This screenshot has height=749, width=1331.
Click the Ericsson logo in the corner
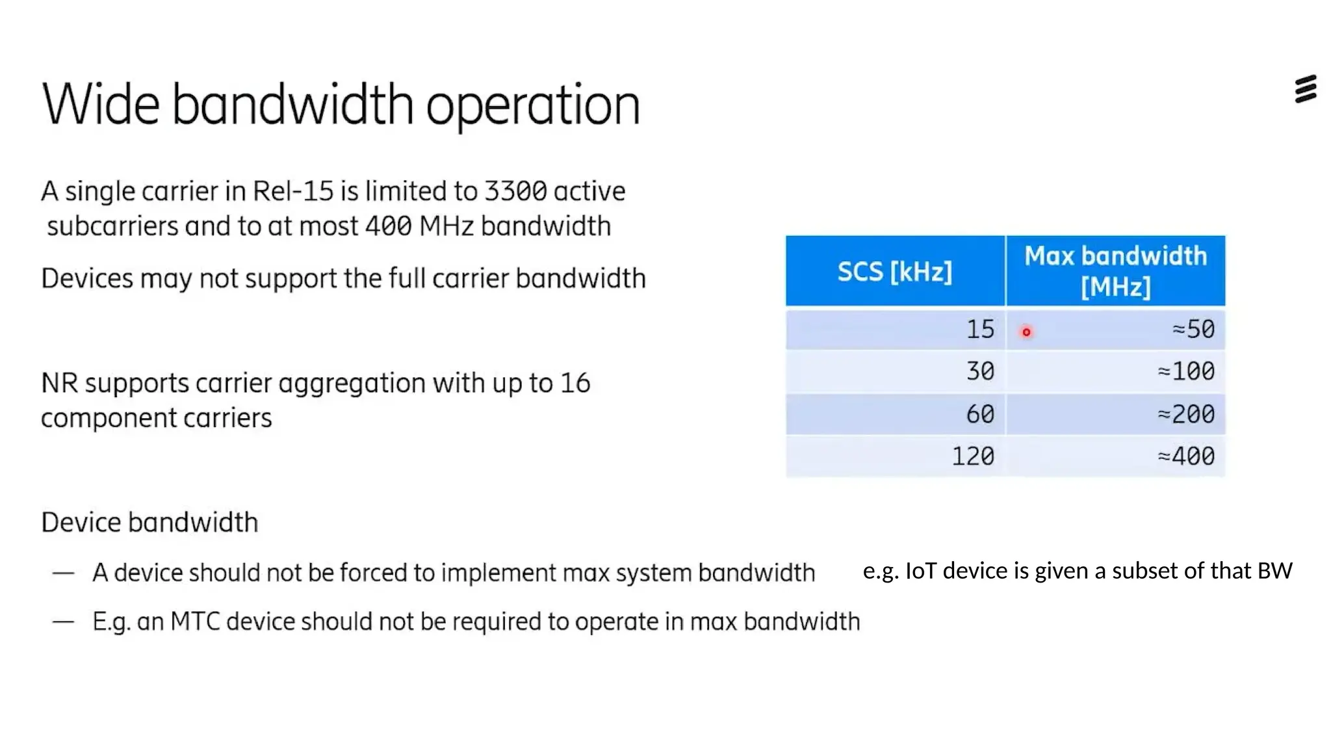point(1305,89)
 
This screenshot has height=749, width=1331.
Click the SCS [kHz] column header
point(894,271)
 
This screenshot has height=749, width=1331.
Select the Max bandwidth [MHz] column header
point(1115,271)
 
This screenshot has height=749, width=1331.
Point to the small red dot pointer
point(1026,332)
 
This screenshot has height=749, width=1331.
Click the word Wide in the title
point(101,105)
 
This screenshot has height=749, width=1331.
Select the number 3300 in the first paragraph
point(515,192)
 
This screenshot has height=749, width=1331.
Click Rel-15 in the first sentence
point(292,192)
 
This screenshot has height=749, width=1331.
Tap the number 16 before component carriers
point(575,384)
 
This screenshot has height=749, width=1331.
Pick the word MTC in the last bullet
point(195,622)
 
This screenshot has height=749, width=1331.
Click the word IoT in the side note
point(920,571)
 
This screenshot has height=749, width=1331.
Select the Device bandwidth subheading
point(149,523)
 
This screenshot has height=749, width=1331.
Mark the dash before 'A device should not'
point(63,573)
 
